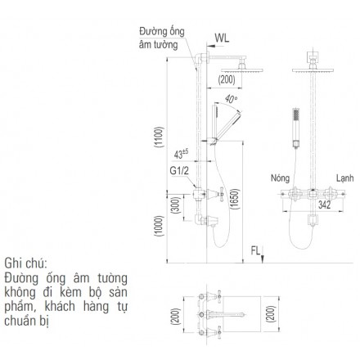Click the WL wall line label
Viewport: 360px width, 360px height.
(x=222, y=38)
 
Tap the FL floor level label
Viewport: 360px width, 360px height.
(x=255, y=250)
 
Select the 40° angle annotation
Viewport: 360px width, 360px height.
(x=232, y=99)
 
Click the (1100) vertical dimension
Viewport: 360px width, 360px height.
(x=159, y=137)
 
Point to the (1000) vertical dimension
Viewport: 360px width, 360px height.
(x=159, y=226)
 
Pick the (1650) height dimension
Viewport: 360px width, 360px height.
(x=234, y=199)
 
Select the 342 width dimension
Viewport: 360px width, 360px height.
(x=324, y=205)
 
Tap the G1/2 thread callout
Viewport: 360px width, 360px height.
(x=179, y=171)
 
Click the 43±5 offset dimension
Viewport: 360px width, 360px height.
(x=181, y=154)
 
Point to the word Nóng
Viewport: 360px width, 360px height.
(x=280, y=178)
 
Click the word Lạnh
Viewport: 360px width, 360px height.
(x=344, y=178)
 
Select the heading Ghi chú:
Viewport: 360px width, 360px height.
(x=26, y=263)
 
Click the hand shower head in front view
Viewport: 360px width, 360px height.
(x=295, y=115)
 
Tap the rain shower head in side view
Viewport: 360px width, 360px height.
(x=242, y=70)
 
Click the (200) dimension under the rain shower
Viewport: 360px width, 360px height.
(x=227, y=79)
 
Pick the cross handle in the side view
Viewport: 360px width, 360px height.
(x=221, y=194)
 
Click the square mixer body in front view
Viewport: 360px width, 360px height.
(x=313, y=194)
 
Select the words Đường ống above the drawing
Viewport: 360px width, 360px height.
(x=162, y=32)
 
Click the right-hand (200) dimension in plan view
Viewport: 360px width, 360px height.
(x=270, y=314)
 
